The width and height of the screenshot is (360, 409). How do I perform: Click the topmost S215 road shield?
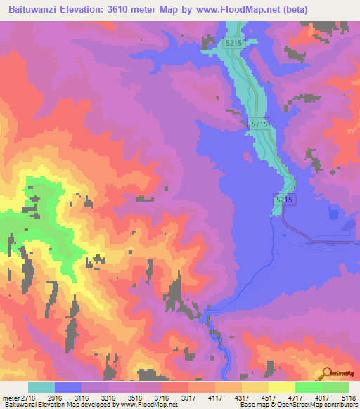pos(234,44)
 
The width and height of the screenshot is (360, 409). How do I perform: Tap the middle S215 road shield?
pos(259,124)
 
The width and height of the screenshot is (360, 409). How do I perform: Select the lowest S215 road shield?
pos(283,200)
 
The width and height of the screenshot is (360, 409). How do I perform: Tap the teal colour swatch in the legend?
pos(41,387)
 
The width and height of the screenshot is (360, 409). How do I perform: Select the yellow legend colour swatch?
pos(281,387)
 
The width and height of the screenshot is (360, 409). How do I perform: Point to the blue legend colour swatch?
pos(68,387)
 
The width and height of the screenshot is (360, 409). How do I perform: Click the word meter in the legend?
pos(10,398)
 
